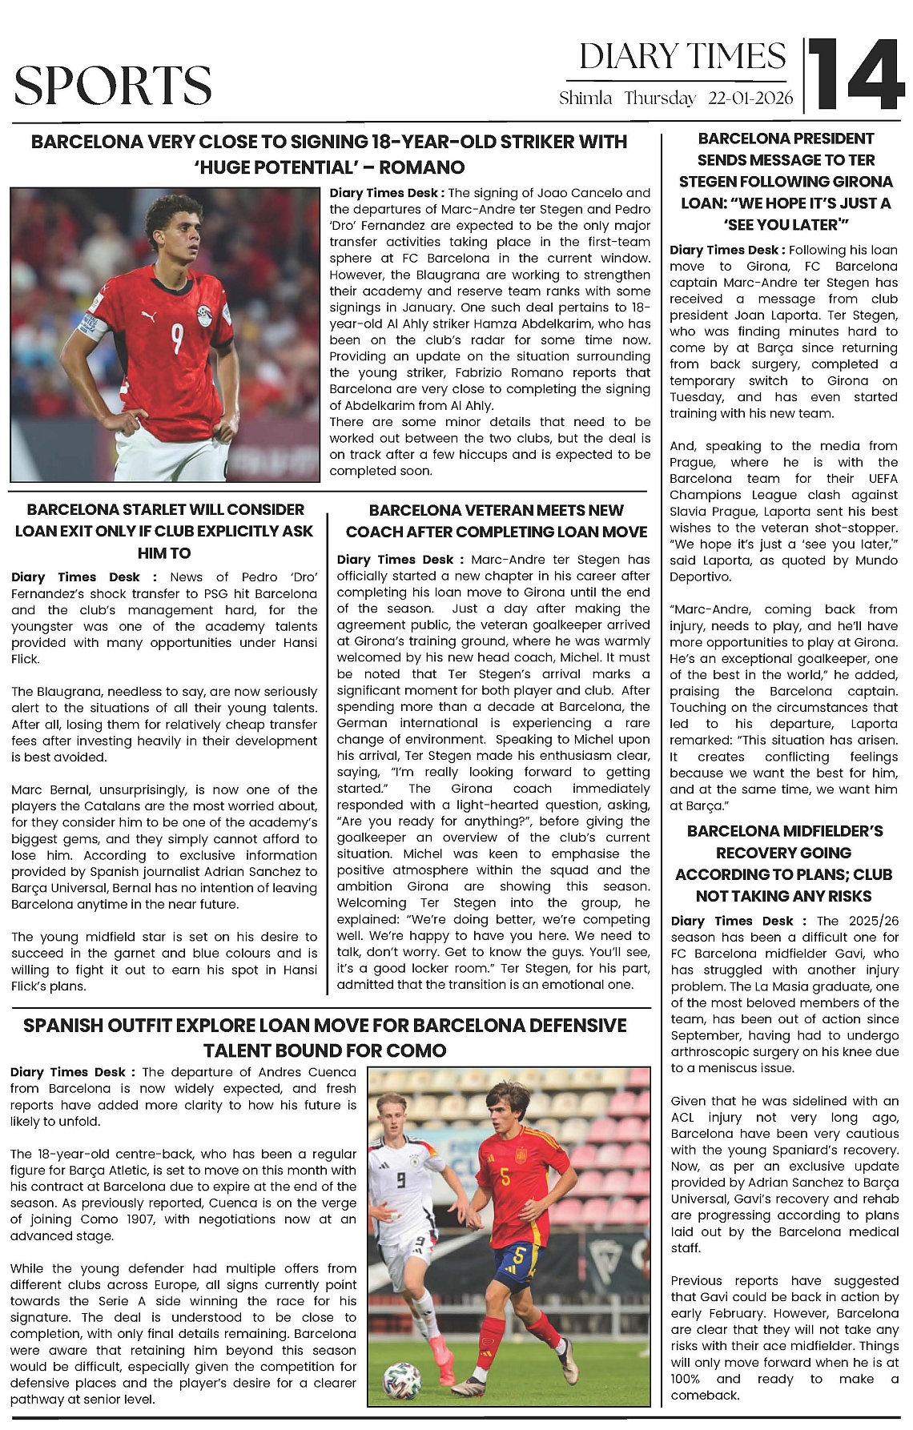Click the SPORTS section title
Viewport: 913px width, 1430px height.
[113, 85]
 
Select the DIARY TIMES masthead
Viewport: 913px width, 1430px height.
[682, 57]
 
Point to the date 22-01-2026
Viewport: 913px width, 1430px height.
[750, 98]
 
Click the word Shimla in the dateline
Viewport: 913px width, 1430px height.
[585, 98]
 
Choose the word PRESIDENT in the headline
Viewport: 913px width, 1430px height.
[830, 139]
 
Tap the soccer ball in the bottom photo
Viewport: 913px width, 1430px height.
[401, 1380]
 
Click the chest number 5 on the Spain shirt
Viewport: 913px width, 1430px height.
[505, 1177]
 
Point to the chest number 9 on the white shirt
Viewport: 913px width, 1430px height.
[400, 1179]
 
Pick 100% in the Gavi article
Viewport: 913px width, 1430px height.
[685, 1379]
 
